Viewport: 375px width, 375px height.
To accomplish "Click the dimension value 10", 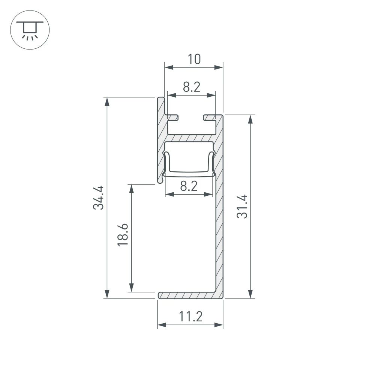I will click(x=194, y=59).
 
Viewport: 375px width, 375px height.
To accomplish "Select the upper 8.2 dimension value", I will click(x=192, y=87).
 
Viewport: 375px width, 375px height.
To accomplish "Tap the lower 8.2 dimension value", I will click(x=189, y=186).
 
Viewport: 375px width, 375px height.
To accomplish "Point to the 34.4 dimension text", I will click(x=99, y=198).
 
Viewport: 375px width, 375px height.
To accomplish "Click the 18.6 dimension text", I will click(x=123, y=235).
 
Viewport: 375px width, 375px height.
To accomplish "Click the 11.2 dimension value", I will click(x=190, y=317).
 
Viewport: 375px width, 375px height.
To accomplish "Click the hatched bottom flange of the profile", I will click(x=187, y=295).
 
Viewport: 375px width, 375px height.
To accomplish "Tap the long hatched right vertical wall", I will click(x=219, y=225).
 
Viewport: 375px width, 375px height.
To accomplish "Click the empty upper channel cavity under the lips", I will click(x=192, y=127).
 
